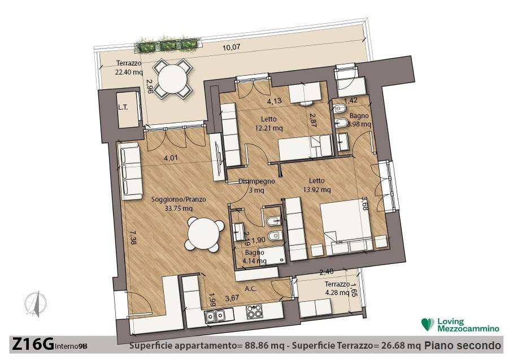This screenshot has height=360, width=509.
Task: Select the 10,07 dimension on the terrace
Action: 232,47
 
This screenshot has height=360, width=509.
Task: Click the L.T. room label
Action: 123,107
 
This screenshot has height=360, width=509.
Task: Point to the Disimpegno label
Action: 256,181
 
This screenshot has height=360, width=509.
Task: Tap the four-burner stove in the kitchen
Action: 254,312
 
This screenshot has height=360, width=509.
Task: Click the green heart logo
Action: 428,324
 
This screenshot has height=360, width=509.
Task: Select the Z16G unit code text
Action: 33,344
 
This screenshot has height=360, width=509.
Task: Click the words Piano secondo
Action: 463,345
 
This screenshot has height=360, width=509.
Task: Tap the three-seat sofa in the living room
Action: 130,171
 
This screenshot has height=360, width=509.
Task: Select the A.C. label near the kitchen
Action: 251,288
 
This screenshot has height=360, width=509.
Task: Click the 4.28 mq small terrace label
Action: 337,293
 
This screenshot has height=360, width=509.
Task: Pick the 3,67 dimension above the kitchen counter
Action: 232,298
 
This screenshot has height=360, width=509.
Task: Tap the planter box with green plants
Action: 167,45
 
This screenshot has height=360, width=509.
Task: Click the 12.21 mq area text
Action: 269,128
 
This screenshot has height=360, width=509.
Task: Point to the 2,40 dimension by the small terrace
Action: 326,272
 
